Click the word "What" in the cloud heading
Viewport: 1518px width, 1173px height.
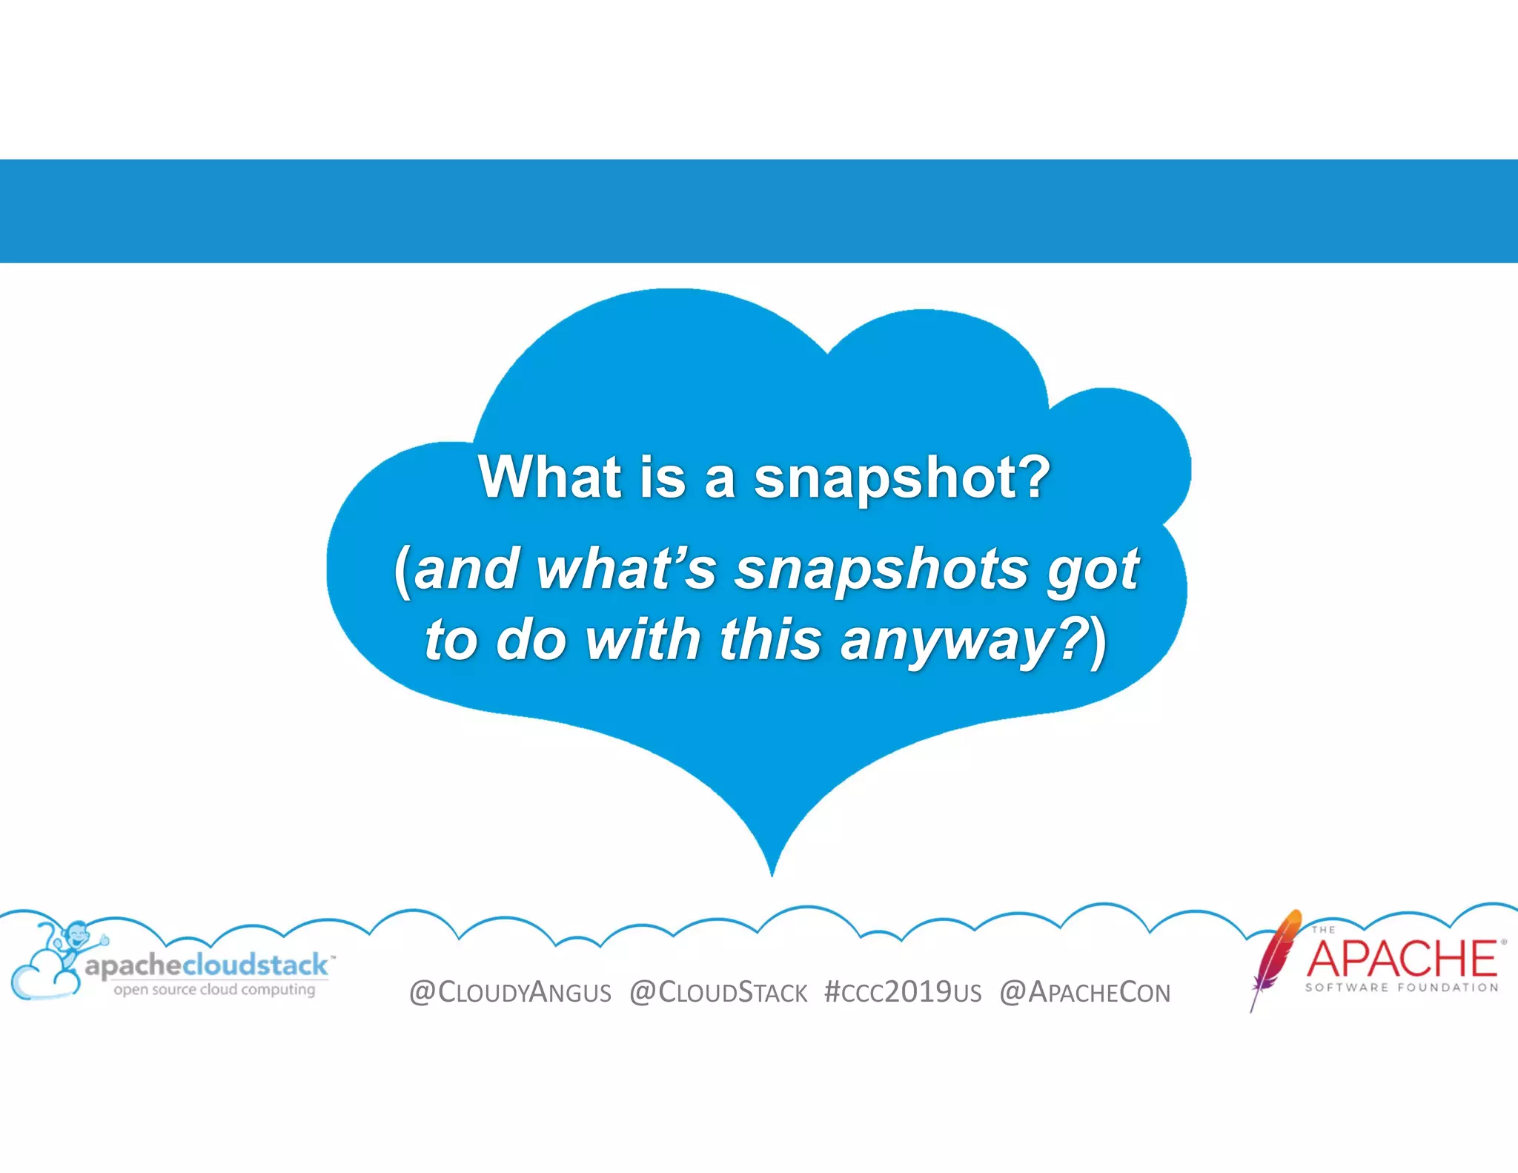click(x=549, y=477)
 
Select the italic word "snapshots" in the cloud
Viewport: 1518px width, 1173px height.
click(x=881, y=569)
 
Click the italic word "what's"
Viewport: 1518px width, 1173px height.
click(x=626, y=569)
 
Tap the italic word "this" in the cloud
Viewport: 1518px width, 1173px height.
click(x=771, y=639)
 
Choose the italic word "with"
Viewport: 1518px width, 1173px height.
click(x=643, y=639)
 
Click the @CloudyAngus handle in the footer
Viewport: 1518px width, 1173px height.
click(x=510, y=992)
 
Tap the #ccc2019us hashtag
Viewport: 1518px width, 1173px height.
click(x=902, y=992)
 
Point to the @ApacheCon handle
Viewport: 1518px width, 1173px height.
click(x=1084, y=992)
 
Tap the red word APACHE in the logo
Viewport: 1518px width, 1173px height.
click(x=1401, y=958)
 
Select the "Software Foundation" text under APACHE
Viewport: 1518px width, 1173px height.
click(x=1401, y=988)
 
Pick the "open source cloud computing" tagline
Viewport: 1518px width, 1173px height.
click(x=214, y=989)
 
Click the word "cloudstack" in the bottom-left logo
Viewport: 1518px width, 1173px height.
click(x=254, y=965)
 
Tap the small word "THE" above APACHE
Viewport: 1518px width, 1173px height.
click(x=1323, y=929)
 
